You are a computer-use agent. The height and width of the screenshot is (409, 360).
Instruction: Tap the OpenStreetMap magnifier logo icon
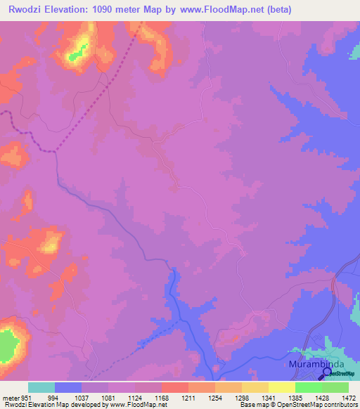[327, 373]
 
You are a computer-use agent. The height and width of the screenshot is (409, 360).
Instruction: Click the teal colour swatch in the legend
[41, 387]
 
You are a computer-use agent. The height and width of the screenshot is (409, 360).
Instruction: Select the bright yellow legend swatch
[281, 387]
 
